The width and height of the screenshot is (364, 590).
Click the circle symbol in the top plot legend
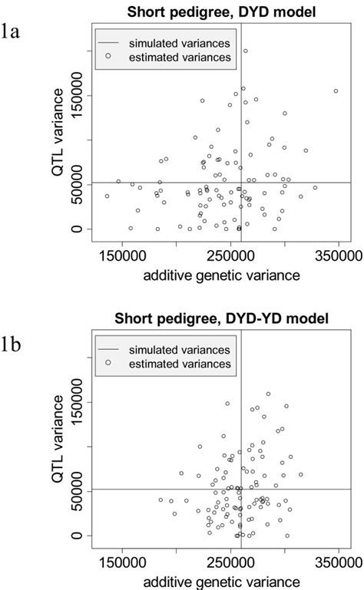click(x=109, y=56)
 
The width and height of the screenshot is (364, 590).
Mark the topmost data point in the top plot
click(x=246, y=51)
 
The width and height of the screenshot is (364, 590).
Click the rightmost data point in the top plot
click(x=336, y=91)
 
